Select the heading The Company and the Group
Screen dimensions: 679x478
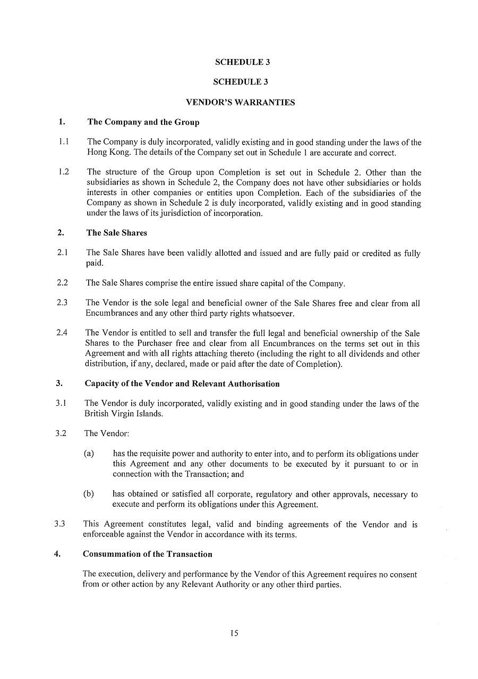(x=143, y=122)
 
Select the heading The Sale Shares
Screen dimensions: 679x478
(x=116, y=233)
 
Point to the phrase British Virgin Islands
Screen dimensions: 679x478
(x=123, y=414)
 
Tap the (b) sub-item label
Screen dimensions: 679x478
(x=89, y=494)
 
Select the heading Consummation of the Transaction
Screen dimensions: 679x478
(x=147, y=554)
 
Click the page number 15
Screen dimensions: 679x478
(x=234, y=633)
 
